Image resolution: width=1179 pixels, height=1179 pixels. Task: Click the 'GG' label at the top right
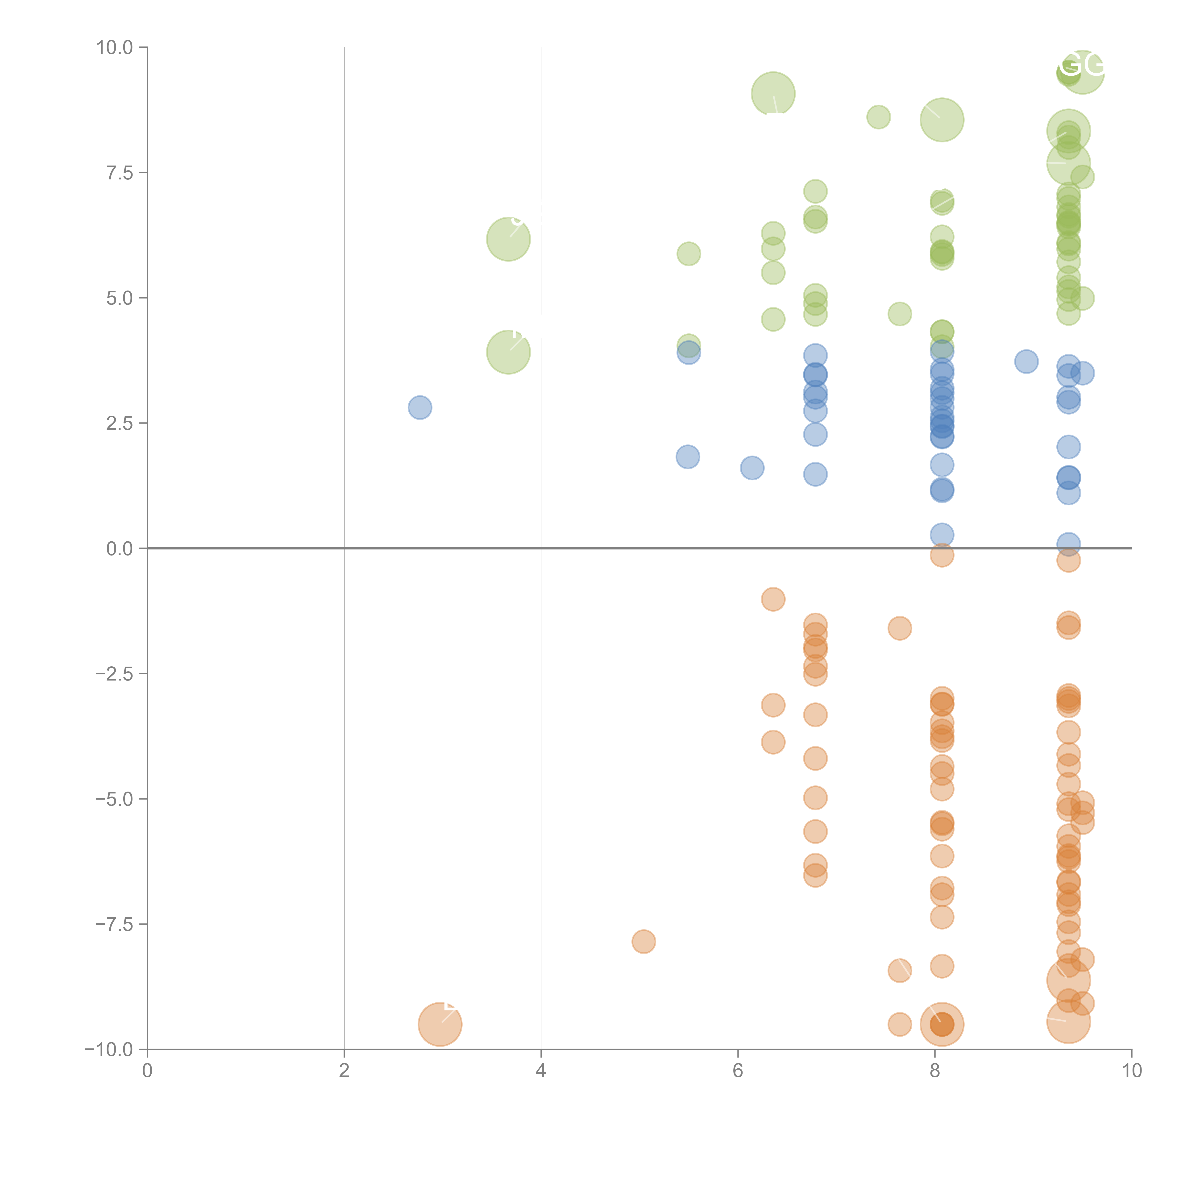(1081, 65)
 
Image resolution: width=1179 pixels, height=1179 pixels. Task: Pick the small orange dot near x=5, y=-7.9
(644, 942)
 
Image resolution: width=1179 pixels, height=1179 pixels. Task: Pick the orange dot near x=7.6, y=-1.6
(900, 628)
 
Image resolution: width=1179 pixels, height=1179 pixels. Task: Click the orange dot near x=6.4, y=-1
(773, 599)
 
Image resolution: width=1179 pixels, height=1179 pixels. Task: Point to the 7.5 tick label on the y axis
(120, 173)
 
